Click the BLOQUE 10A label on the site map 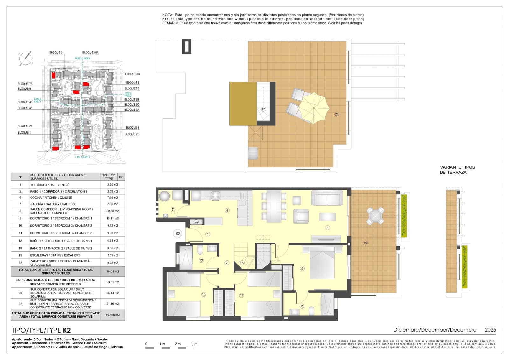click(x=90, y=53)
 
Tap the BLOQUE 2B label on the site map click(x=132, y=134)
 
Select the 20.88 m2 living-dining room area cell click(x=112, y=211)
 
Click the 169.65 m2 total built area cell click(x=113, y=315)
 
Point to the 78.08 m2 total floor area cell click(x=112, y=272)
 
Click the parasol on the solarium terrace click(x=314, y=108)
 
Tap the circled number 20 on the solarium click(x=337, y=114)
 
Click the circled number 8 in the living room click(x=327, y=228)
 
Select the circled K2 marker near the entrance click(x=178, y=234)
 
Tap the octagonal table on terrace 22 click(x=376, y=216)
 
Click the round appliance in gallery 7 click(x=165, y=195)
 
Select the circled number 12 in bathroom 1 click(x=302, y=306)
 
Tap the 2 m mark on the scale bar click(x=178, y=344)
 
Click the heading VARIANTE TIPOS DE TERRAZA click(x=457, y=170)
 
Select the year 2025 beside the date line click(x=490, y=330)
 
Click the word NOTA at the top click(x=167, y=15)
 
